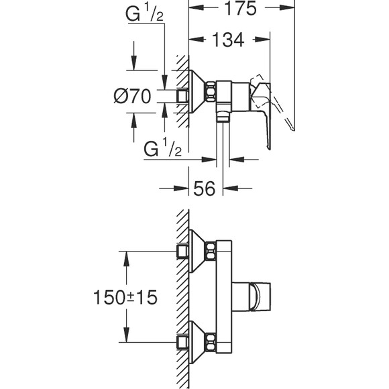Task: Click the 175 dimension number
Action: tap(240, 8)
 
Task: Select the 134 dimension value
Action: tap(228, 40)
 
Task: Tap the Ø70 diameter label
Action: tap(132, 97)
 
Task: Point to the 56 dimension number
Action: tap(204, 188)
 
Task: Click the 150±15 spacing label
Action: tap(125, 297)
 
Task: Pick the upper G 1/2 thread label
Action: tap(144, 14)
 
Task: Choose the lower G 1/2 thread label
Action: tap(162, 149)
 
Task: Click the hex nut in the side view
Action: tap(210, 91)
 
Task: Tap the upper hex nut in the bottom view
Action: tap(211, 251)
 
